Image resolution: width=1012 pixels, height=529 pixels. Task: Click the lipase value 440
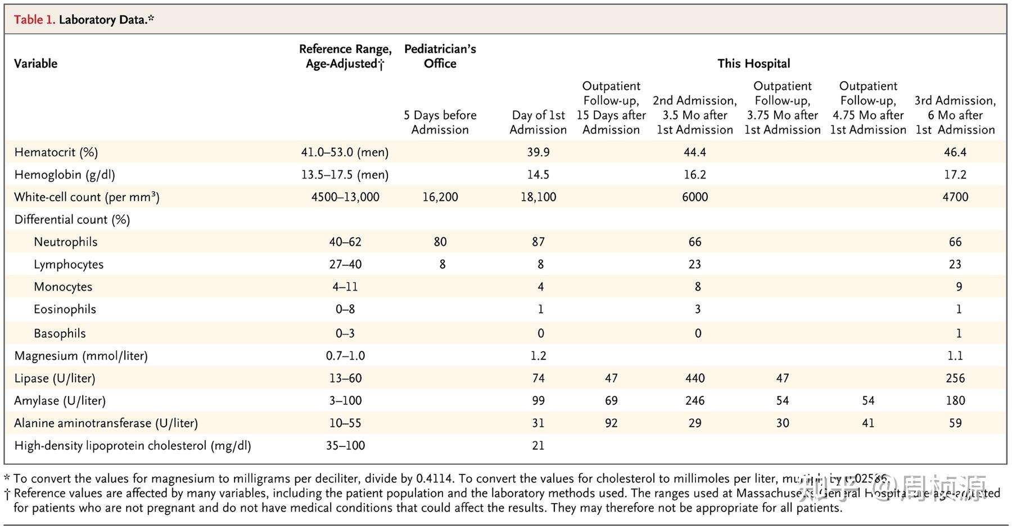click(x=694, y=378)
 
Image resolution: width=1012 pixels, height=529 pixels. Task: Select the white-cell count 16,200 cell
click(x=440, y=197)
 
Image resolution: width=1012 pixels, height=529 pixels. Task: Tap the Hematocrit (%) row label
click(x=56, y=152)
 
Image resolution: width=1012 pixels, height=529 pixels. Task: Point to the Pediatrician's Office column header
click(x=440, y=56)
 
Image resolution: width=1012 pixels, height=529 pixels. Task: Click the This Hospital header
click(x=753, y=64)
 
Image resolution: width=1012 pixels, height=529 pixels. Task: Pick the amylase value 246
click(x=694, y=401)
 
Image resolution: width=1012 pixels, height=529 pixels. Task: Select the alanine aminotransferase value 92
click(x=611, y=423)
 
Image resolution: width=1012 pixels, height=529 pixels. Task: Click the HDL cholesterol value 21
click(x=538, y=446)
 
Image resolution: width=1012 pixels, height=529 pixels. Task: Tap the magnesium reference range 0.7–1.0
click(x=345, y=356)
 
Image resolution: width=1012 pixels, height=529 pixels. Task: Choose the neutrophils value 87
click(x=538, y=242)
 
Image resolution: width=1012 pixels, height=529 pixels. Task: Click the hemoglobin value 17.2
click(x=955, y=175)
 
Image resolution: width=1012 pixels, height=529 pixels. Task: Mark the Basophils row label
click(x=60, y=333)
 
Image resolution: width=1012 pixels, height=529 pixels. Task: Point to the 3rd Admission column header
click(x=955, y=115)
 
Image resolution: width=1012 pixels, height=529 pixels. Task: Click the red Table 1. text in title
click(x=34, y=20)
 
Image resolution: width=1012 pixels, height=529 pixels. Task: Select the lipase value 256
click(x=955, y=378)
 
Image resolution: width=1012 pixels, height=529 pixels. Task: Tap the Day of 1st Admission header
click(x=538, y=123)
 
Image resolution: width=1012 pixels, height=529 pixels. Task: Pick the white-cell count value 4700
click(x=955, y=197)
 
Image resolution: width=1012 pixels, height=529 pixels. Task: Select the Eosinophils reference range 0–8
click(x=345, y=309)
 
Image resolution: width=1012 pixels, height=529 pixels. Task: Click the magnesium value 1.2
click(x=538, y=356)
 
